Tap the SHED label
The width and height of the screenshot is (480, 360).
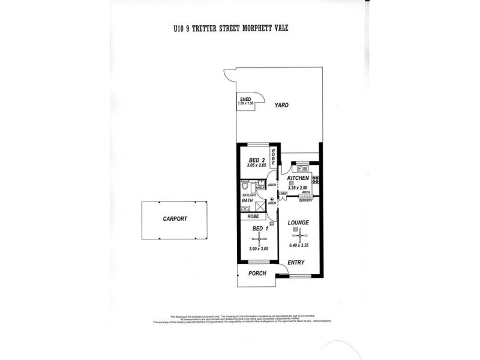(x=245, y=99)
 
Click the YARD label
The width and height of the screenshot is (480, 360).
(x=281, y=105)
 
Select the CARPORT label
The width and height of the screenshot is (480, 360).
(x=175, y=219)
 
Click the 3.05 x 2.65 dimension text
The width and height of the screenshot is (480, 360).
(x=256, y=166)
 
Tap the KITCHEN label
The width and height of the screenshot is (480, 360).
(x=298, y=179)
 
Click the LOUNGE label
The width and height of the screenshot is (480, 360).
(x=298, y=223)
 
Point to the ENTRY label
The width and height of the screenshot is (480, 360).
(x=296, y=263)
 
